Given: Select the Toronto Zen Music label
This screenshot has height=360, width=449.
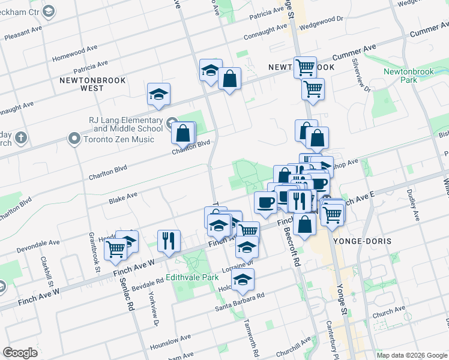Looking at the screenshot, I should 119,139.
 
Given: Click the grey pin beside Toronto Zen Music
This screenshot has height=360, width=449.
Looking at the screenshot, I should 74,139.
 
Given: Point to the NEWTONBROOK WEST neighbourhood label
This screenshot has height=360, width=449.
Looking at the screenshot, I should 82,83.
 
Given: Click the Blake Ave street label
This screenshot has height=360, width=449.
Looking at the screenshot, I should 123,196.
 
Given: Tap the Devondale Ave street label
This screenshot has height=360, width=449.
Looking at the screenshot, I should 38,245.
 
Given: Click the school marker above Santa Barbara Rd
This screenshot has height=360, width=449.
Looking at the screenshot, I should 243,280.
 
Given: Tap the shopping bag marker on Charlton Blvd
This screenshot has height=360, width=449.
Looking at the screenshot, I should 183,133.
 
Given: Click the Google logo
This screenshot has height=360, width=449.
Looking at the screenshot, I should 20,353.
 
